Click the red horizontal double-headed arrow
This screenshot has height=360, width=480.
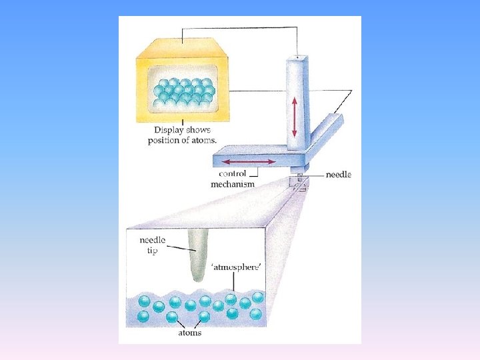tap(247, 161)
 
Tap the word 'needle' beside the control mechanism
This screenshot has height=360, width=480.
tap(338, 175)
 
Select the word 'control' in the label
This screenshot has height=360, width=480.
tap(231, 175)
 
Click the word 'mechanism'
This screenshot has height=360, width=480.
tap(233, 184)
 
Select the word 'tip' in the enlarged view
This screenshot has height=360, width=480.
tap(153, 251)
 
